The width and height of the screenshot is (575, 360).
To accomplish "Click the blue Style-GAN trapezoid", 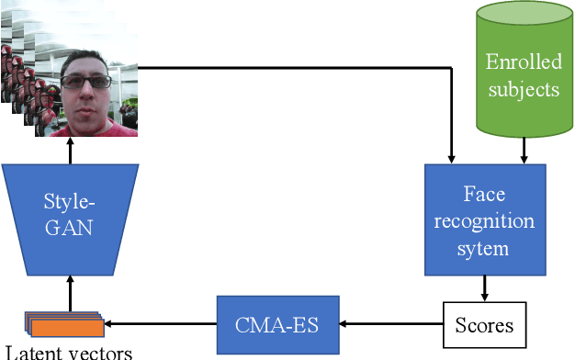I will coord(70,210).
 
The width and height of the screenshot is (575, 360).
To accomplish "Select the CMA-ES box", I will coord(277,324).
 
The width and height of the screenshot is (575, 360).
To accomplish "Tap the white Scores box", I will coord(485,325).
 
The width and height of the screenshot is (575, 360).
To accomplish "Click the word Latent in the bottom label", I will coord(31,352).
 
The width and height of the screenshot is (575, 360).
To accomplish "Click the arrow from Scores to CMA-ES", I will coord(395,324).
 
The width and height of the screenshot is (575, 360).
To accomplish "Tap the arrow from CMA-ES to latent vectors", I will coord(161,324).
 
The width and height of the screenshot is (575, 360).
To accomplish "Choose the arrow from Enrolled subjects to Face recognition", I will coord(523,151).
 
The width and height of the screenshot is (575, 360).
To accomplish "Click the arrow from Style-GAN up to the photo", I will coord(70,151).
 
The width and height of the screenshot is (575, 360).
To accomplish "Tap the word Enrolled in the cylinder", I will coord(522,64).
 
